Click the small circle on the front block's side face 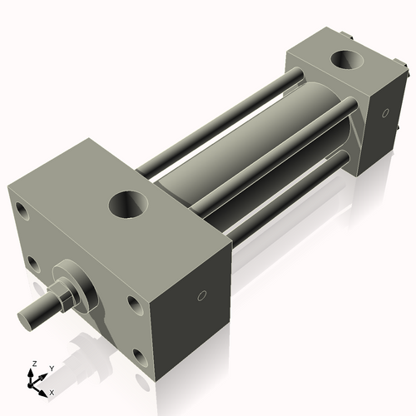tap(201, 296)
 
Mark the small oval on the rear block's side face tap(385, 114)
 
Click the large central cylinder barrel tap(250, 150)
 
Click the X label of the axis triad tap(52, 391)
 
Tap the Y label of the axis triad tap(51, 368)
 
